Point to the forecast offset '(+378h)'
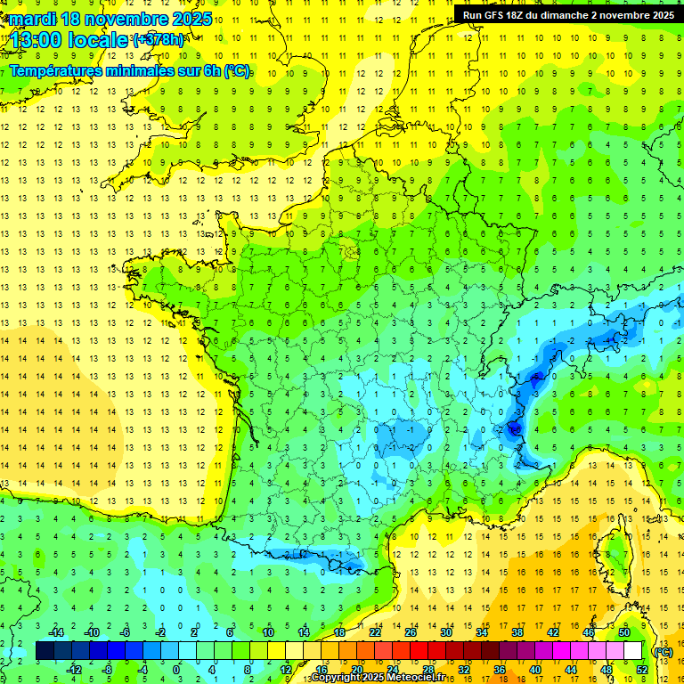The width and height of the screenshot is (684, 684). click(159, 40)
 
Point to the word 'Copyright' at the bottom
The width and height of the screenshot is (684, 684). click(336, 678)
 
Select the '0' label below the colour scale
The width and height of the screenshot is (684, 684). click(175, 669)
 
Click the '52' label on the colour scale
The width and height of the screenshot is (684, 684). click(641, 669)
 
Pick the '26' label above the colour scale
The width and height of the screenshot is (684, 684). click(411, 632)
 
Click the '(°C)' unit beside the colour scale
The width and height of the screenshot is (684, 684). click(664, 651)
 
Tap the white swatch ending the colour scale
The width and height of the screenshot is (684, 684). click(632, 651)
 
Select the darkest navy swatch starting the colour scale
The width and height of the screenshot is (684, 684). click(45, 651)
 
